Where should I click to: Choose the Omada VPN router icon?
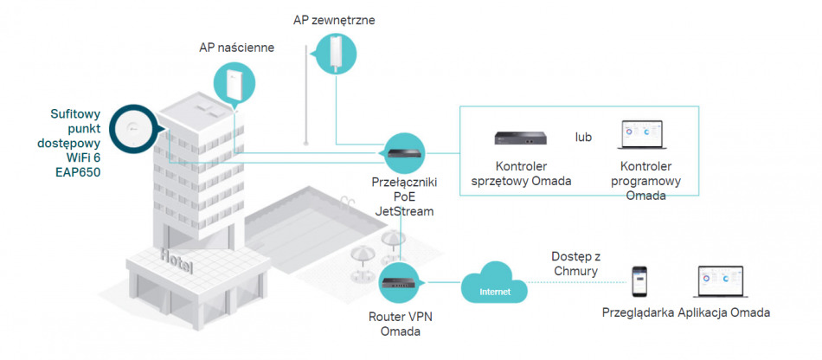(x=401, y=282)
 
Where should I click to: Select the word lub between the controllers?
(x=584, y=137)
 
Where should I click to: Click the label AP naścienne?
(x=236, y=48)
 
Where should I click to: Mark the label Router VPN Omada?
(x=400, y=323)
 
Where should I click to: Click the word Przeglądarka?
(x=639, y=312)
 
